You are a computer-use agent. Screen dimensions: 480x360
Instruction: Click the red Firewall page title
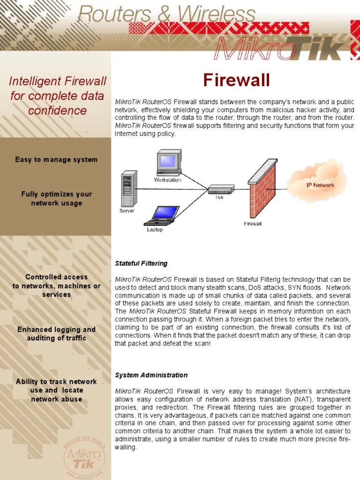[x=236, y=81]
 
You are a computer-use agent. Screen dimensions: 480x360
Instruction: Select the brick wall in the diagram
[x=262, y=190]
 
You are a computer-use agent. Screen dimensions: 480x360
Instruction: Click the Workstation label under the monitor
[x=167, y=180]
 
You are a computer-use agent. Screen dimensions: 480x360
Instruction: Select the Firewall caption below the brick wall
[x=253, y=224]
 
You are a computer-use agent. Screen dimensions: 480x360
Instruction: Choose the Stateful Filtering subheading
[x=141, y=263]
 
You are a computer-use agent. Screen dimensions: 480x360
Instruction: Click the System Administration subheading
[x=151, y=375]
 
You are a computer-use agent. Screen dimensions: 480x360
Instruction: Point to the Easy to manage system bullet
[x=56, y=159]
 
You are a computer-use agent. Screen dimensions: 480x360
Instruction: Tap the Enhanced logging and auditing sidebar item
[x=56, y=334]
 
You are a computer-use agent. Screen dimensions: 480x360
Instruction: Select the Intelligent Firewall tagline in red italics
[x=58, y=96]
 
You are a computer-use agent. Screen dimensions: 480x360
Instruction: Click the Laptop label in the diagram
[x=155, y=230]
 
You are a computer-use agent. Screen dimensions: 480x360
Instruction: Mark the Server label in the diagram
[x=127, y=211]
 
